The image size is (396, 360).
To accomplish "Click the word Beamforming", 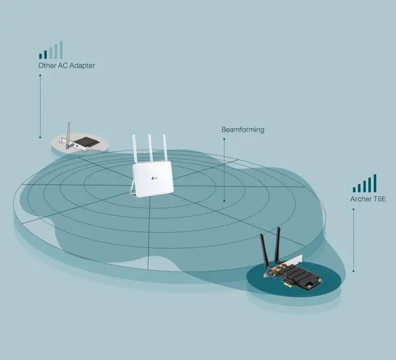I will pyautogui.click(x=243, y=130).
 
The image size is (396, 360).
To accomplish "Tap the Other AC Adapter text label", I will pyautogui.click(x=67, y=65).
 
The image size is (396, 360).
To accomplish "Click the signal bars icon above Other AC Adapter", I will pyautogui.click(x=51, y=51).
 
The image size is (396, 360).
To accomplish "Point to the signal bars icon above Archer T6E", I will pyautogui.click(x=365, y=184).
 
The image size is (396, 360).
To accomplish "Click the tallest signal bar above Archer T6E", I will pyautogui.click(x=374, y=182).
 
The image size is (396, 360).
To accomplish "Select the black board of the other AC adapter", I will pyautogui.click(x=85, y=142).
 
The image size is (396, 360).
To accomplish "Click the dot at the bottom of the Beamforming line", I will pyautogui.click(x=224, y=202).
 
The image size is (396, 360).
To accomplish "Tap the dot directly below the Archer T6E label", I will pyautogui.click(x=353, y=209).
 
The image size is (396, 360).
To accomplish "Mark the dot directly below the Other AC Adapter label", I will pyautogui.click(x=40, y=75).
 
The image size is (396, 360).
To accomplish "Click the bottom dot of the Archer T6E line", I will pyautogui.click(x=353, y=271).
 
